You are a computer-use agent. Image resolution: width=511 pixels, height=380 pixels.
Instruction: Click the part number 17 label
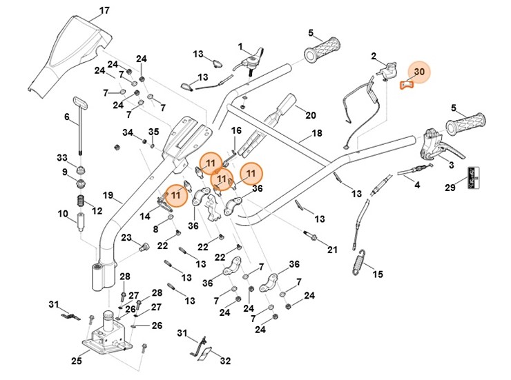pyautogui.click(x=104, y=10)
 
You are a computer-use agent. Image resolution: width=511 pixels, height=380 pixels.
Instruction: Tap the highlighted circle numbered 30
pyautogui.click(x=417, y=72)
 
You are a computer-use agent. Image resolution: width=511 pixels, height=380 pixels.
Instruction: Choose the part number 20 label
pyautogui.click(x=310, y=115)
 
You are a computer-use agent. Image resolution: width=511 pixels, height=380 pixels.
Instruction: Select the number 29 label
pyautogui.click(x=450, y=188)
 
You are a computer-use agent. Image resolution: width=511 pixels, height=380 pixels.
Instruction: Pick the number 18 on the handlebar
pyautogui.click(x=317, y=133)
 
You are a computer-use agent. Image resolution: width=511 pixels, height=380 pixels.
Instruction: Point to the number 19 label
pyautogui.click(x=108, y=195)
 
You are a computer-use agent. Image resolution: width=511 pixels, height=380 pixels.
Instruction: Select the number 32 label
pyautogui.click(x=225, y=360)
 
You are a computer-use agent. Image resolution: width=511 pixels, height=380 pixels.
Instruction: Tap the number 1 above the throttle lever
pyautogui.click(x=241, y=47)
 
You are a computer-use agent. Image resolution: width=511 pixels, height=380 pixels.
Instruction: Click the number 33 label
pyautogui.click(x=62, y=158)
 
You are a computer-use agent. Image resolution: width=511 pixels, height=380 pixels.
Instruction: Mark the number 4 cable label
pyautogui.click(x=416, y=185)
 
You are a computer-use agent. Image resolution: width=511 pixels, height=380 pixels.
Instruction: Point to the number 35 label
pyautogui.click(x=153, y=131)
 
